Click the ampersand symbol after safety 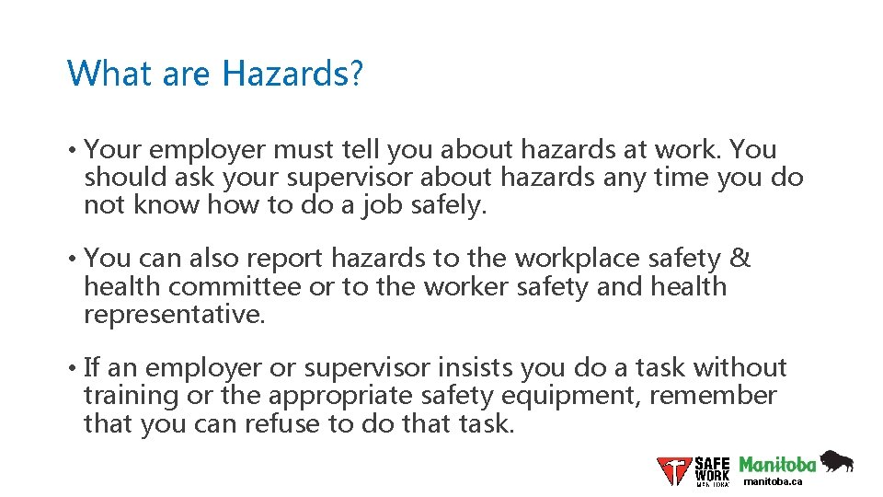coord(741,259)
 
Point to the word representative coord(173,315)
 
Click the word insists coord(476,368)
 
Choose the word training coord(131,397)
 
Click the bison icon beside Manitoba coord(836,461)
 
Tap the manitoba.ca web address coord(773,481)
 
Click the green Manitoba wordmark coord(777,464)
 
